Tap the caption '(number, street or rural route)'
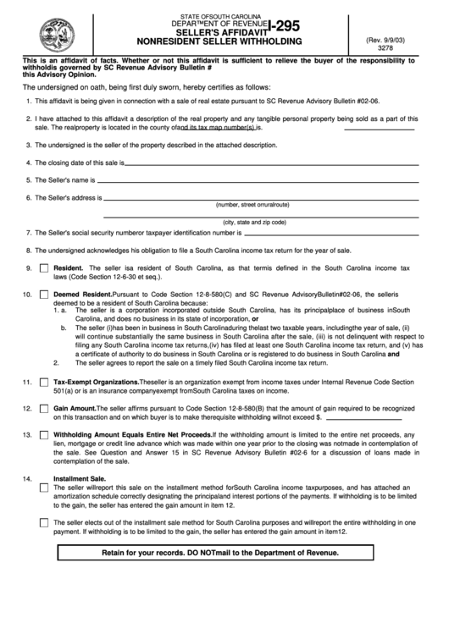(x=252, y=205)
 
